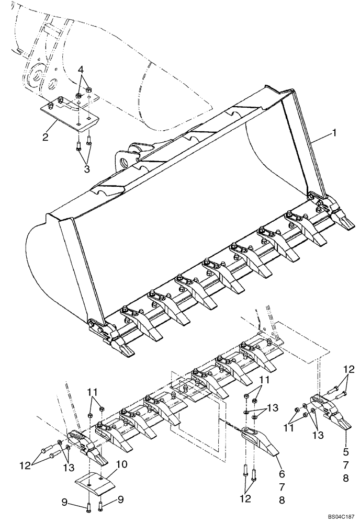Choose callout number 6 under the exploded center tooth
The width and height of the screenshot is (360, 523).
282,474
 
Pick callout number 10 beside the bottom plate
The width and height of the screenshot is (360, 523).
121,464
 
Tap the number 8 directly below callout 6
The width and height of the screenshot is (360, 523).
282,501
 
